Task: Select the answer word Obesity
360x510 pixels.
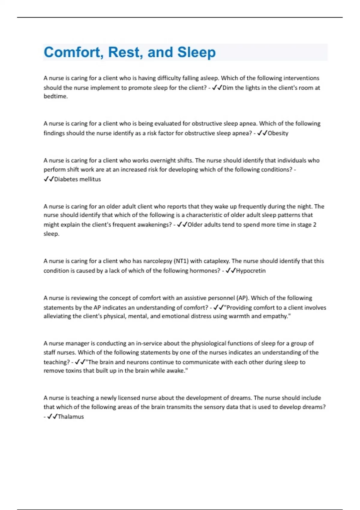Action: tap(278, 133)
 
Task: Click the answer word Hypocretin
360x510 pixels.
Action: tap(251, 271)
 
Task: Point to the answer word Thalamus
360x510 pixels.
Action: tap(71, 416)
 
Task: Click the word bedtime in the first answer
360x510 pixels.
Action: tap(55, 96)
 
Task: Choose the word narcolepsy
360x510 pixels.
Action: tap(157, 261)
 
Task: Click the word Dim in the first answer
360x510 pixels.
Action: tap(228, 88)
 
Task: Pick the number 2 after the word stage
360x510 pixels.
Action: tap(315, 225)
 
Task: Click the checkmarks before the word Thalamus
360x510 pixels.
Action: tap(52, 416)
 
